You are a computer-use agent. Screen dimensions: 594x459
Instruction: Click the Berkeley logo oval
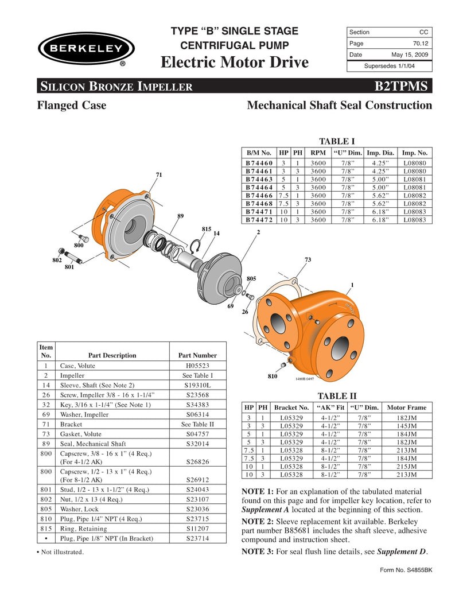pos(86,48)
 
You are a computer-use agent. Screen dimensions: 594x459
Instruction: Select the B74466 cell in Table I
pos(259,195)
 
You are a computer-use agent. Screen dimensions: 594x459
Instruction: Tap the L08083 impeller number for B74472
pos(415,219)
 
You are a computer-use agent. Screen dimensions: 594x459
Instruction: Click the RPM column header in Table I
pos(317,153)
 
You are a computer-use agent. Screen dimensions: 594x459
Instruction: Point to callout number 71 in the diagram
pos(159,174)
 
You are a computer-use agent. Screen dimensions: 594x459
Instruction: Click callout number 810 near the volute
pos(273,376)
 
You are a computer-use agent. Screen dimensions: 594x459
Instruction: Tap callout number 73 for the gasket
pos(308,261)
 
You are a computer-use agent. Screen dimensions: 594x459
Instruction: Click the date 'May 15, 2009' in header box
pos(410,55)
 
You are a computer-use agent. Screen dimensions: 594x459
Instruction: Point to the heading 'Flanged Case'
pos(72,106)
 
